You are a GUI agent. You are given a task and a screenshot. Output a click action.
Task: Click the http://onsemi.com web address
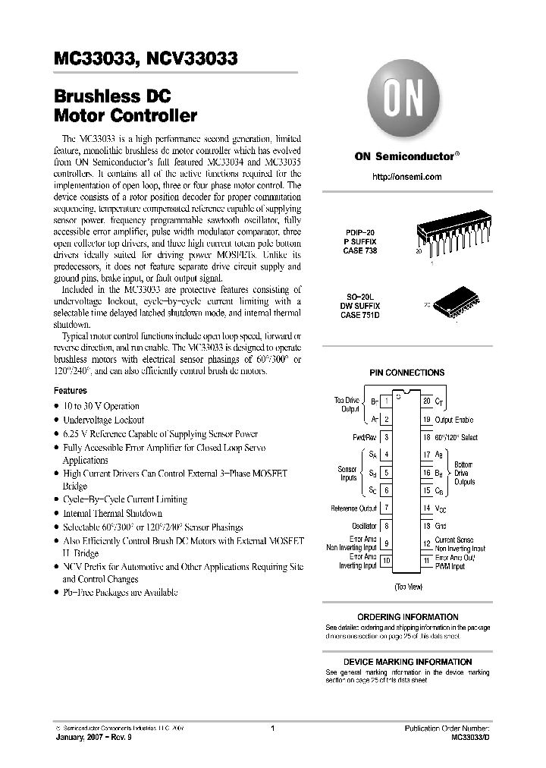tap(407, 176)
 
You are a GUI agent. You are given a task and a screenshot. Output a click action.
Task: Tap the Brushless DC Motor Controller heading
tap(125, 107)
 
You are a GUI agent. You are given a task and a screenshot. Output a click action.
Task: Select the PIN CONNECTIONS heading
tap(406, 373)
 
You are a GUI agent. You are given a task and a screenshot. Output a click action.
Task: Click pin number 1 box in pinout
tap(387, 400)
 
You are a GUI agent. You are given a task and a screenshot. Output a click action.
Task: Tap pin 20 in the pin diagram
tap(426, 400)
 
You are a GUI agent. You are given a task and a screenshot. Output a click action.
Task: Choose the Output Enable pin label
tap(453, 419)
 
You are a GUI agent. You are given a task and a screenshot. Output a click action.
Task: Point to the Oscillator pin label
tap(364, 526)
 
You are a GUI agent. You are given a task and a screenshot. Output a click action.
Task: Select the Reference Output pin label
tap(354, 508)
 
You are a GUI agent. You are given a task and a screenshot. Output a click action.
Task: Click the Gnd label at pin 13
tap(441, 526)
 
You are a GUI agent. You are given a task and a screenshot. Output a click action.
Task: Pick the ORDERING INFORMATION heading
tap(407, 617)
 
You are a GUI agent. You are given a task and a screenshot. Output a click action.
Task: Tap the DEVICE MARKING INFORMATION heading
tap(407, 662)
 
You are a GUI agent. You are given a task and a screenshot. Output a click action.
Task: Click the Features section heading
tap(71, 390)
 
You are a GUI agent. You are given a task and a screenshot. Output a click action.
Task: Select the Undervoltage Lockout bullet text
tap(103, 420)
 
